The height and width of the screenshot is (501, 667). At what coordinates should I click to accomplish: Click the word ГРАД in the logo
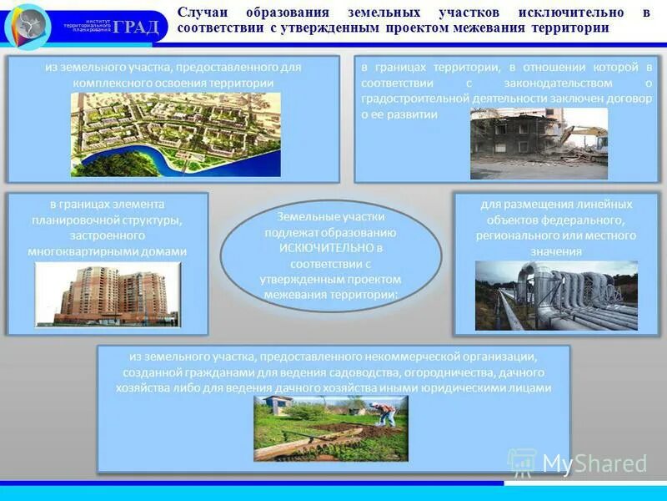(135, 27)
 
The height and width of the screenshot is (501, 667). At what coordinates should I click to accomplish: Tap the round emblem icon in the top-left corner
(28, 27)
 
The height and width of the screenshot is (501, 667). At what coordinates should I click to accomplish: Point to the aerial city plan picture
(175, 134)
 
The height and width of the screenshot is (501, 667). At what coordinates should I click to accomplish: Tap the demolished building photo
(538, 143)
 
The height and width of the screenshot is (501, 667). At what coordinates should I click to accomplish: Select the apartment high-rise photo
(107, 293)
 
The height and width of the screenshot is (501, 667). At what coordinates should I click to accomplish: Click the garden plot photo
(331, 428)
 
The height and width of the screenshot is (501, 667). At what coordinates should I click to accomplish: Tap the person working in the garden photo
(384, 414)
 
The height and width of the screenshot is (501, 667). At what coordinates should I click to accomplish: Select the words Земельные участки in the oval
(331, 217)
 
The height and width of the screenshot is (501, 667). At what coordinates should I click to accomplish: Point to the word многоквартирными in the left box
(83, 250)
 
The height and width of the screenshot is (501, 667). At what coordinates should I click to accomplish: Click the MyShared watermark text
(594, 464)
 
